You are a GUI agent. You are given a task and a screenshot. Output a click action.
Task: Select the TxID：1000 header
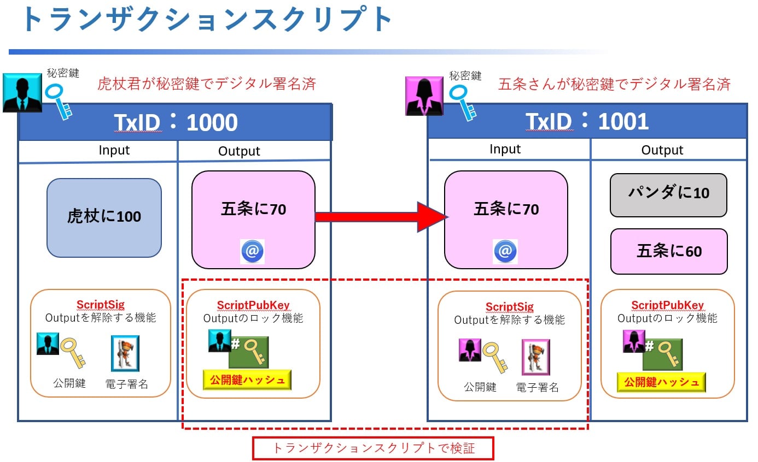(176, 122)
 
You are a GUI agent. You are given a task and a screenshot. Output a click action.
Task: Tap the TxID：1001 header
(587, 121)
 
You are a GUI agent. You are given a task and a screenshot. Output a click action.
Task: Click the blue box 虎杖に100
(104, 217)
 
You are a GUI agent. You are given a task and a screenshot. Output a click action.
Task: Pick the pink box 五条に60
(669, 251)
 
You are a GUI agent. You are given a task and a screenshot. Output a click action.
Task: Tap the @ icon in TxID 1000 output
(253, 251)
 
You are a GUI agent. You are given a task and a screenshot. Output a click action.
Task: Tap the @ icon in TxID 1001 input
(505, 251)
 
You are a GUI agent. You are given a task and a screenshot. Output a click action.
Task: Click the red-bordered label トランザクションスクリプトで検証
(373, 448)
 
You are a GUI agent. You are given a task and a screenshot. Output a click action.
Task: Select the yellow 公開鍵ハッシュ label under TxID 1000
(247, 380)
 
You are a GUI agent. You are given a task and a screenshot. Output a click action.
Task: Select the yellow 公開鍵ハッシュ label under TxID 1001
(661, 382)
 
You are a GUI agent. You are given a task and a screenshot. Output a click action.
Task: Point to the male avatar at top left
(22, 92)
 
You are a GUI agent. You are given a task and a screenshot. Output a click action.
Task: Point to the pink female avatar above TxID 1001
(424, 96)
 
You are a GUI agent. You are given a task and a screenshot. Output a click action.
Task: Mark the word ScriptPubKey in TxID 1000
(253, 305)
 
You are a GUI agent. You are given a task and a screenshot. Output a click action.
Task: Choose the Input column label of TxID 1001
(505, 149)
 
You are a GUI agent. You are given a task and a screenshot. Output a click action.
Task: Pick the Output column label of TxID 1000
(239, 151)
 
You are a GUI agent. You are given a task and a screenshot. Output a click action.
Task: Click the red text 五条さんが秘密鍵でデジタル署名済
(614, 84)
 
